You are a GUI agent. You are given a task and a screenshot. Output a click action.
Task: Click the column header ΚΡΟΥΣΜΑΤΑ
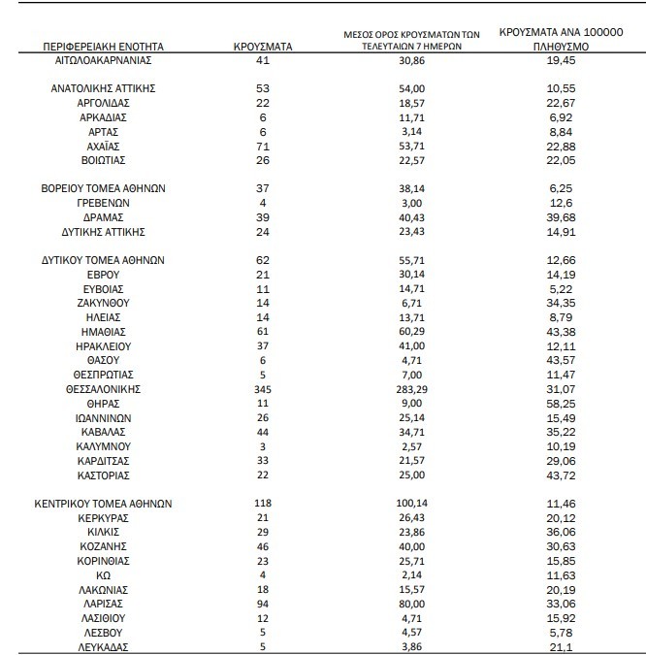pyautogui.click(x=263, y=46)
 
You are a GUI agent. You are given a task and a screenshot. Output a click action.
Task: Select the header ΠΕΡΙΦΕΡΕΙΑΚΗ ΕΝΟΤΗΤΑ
pyautogui.click(x=103, y=46)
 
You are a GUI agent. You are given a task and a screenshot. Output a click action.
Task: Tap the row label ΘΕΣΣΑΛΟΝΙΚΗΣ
pyautogui.click(x=103, y=388)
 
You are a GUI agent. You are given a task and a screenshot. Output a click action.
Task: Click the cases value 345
pyautogui.click(x=263, y=388)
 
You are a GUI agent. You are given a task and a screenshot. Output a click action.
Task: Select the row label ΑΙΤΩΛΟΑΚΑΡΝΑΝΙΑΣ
pyautogui.click(x=103, y=60)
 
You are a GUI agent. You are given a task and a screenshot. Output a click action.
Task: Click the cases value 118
pyautogui.click(x=263, y=504)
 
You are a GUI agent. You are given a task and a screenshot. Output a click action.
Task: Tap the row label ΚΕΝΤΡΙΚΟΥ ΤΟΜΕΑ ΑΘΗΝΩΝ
pyautogui.click(x=103, y=504)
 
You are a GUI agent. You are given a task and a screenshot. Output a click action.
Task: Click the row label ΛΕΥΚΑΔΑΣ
pyautogui.click(x=103, y=647)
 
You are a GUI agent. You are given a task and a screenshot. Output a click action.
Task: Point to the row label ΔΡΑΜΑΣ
pyautogui.click(x=103, y=218)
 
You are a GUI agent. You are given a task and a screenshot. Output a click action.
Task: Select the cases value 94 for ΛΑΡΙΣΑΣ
pyautogui.click(x=263, y=604)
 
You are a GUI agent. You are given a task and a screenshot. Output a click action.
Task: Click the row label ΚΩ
pyautogui.click(x=103, y=575)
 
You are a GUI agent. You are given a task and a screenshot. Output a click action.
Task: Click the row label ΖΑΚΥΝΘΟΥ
pyautogui.click(x=103, y=304)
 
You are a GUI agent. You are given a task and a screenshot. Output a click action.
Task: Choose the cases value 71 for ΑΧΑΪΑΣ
pyautogui.click(x=263, y=146)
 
